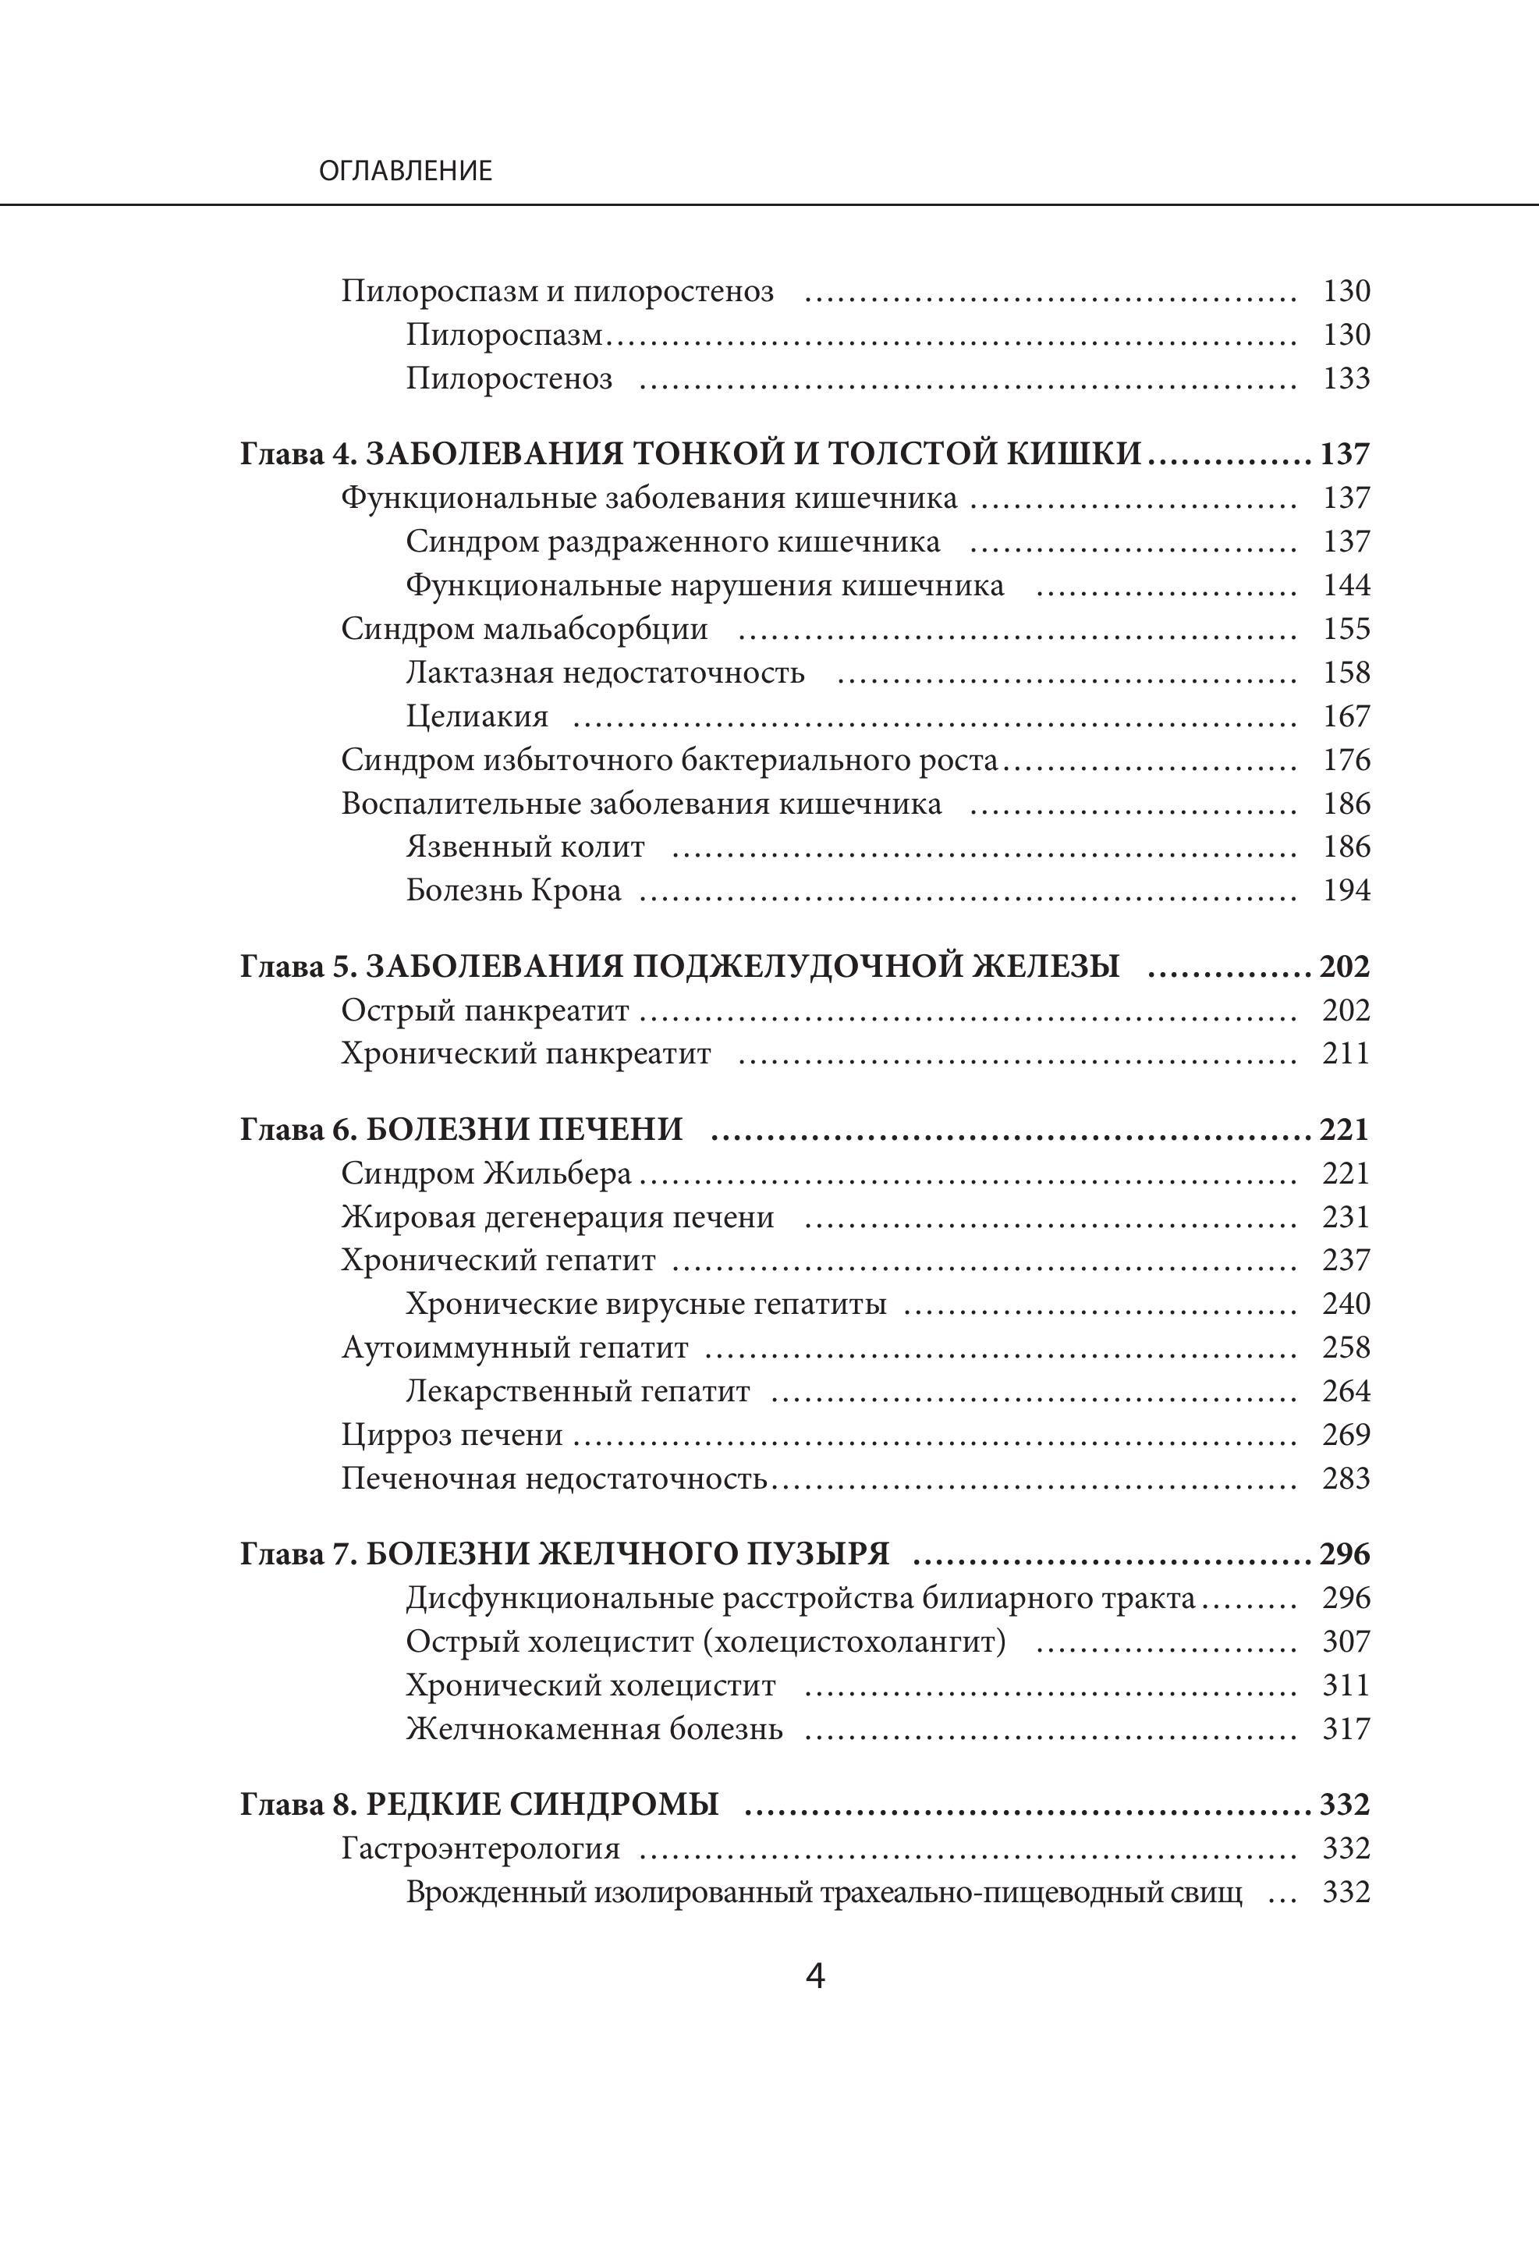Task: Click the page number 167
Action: (1346, 716)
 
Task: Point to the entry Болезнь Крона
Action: (513, 890)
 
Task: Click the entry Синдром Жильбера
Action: (486, 1173)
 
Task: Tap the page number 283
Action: (1346, 1479)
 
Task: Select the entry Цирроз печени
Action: (452, 1435)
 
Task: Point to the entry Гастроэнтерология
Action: (480, 1848)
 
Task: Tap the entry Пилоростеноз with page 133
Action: (509, 378)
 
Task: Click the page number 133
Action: (1346, 378)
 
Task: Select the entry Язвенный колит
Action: (525, 847)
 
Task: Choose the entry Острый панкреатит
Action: (485, 1010)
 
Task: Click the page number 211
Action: (1346, 1054)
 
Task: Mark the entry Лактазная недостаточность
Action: (605, 673)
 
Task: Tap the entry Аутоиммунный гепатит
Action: (514, 1347)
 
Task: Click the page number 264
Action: (1346, 1391)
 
